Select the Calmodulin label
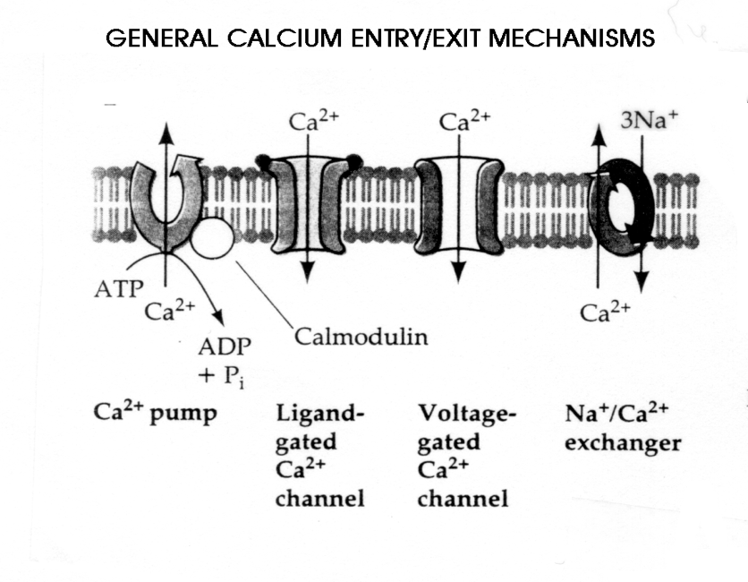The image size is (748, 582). point(361,338)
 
